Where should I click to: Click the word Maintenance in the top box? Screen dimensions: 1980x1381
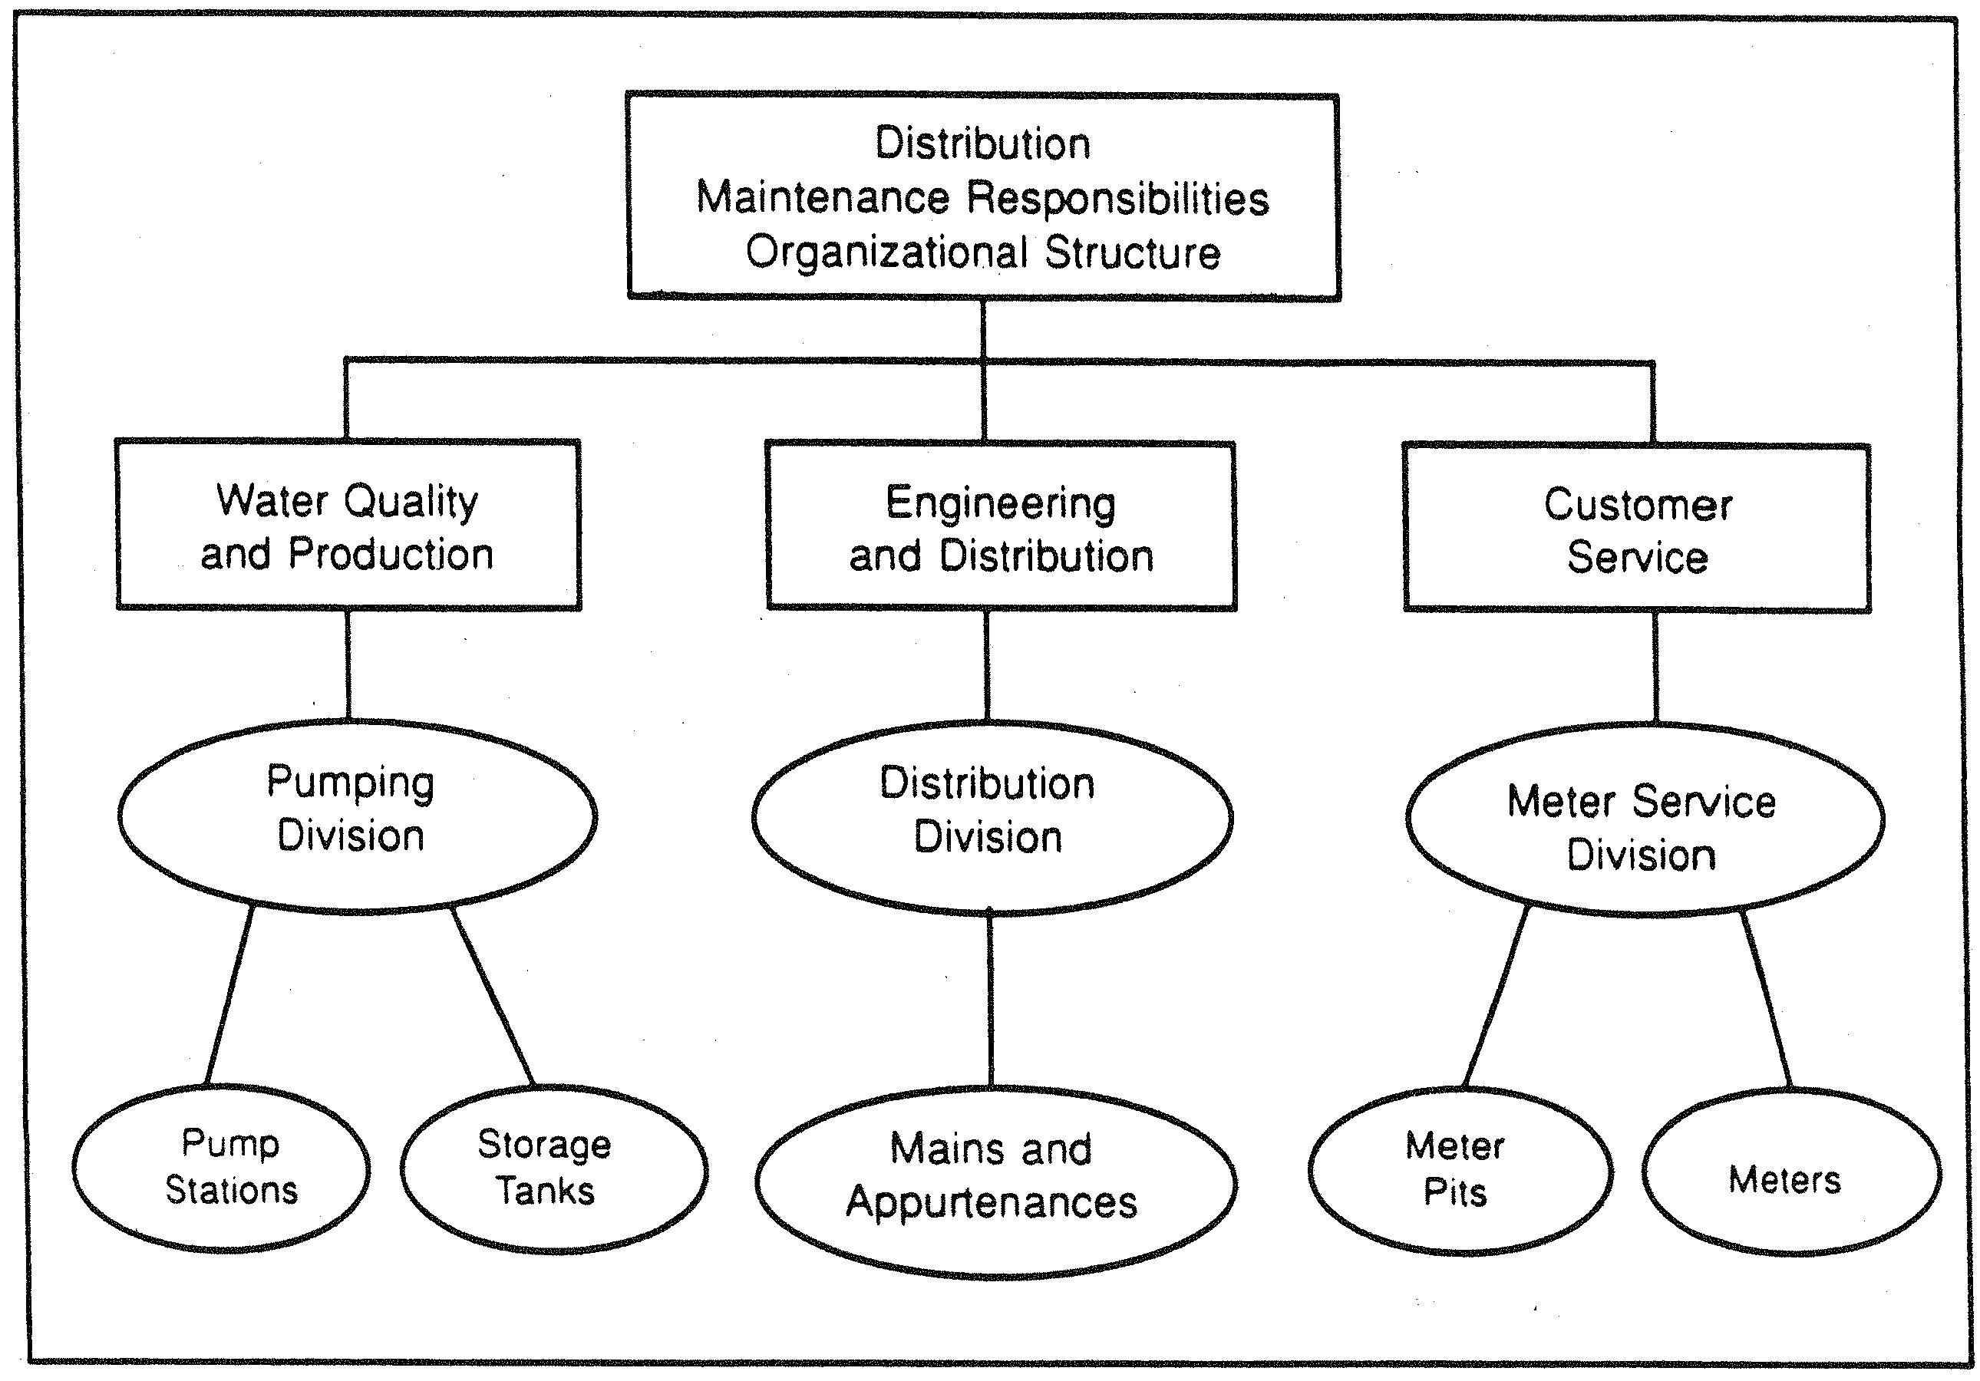[x=823, y=198]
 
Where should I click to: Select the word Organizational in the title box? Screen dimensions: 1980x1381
[x=886, y=253]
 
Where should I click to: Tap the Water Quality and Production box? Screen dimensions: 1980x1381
[x=348, y=525]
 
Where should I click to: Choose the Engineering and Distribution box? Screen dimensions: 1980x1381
[x=1002, y=526]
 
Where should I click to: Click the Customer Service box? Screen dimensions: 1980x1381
[x=1637, y=529]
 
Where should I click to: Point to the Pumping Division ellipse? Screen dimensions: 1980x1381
[x=356, y=816]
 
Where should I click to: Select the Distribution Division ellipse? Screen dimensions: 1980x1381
[x=992, y=817]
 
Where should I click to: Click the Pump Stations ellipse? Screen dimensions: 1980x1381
[x=222, y=1167]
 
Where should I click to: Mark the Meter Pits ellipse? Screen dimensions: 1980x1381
[x=1460, y=1170]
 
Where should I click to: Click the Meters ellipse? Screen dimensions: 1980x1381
[x=1792, y=1172]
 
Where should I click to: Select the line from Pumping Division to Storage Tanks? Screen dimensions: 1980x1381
[x=493, y=997]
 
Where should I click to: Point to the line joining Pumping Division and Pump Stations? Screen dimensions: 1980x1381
[x=229, y=995]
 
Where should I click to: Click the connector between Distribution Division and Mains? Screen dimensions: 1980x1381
[x=990, y=1000]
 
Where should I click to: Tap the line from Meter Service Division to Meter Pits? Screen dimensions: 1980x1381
[x=1497, y=997]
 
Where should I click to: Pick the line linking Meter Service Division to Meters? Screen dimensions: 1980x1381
[x=1765, y=1000]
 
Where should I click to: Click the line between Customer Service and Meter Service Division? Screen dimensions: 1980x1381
[x=1655, y=668]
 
